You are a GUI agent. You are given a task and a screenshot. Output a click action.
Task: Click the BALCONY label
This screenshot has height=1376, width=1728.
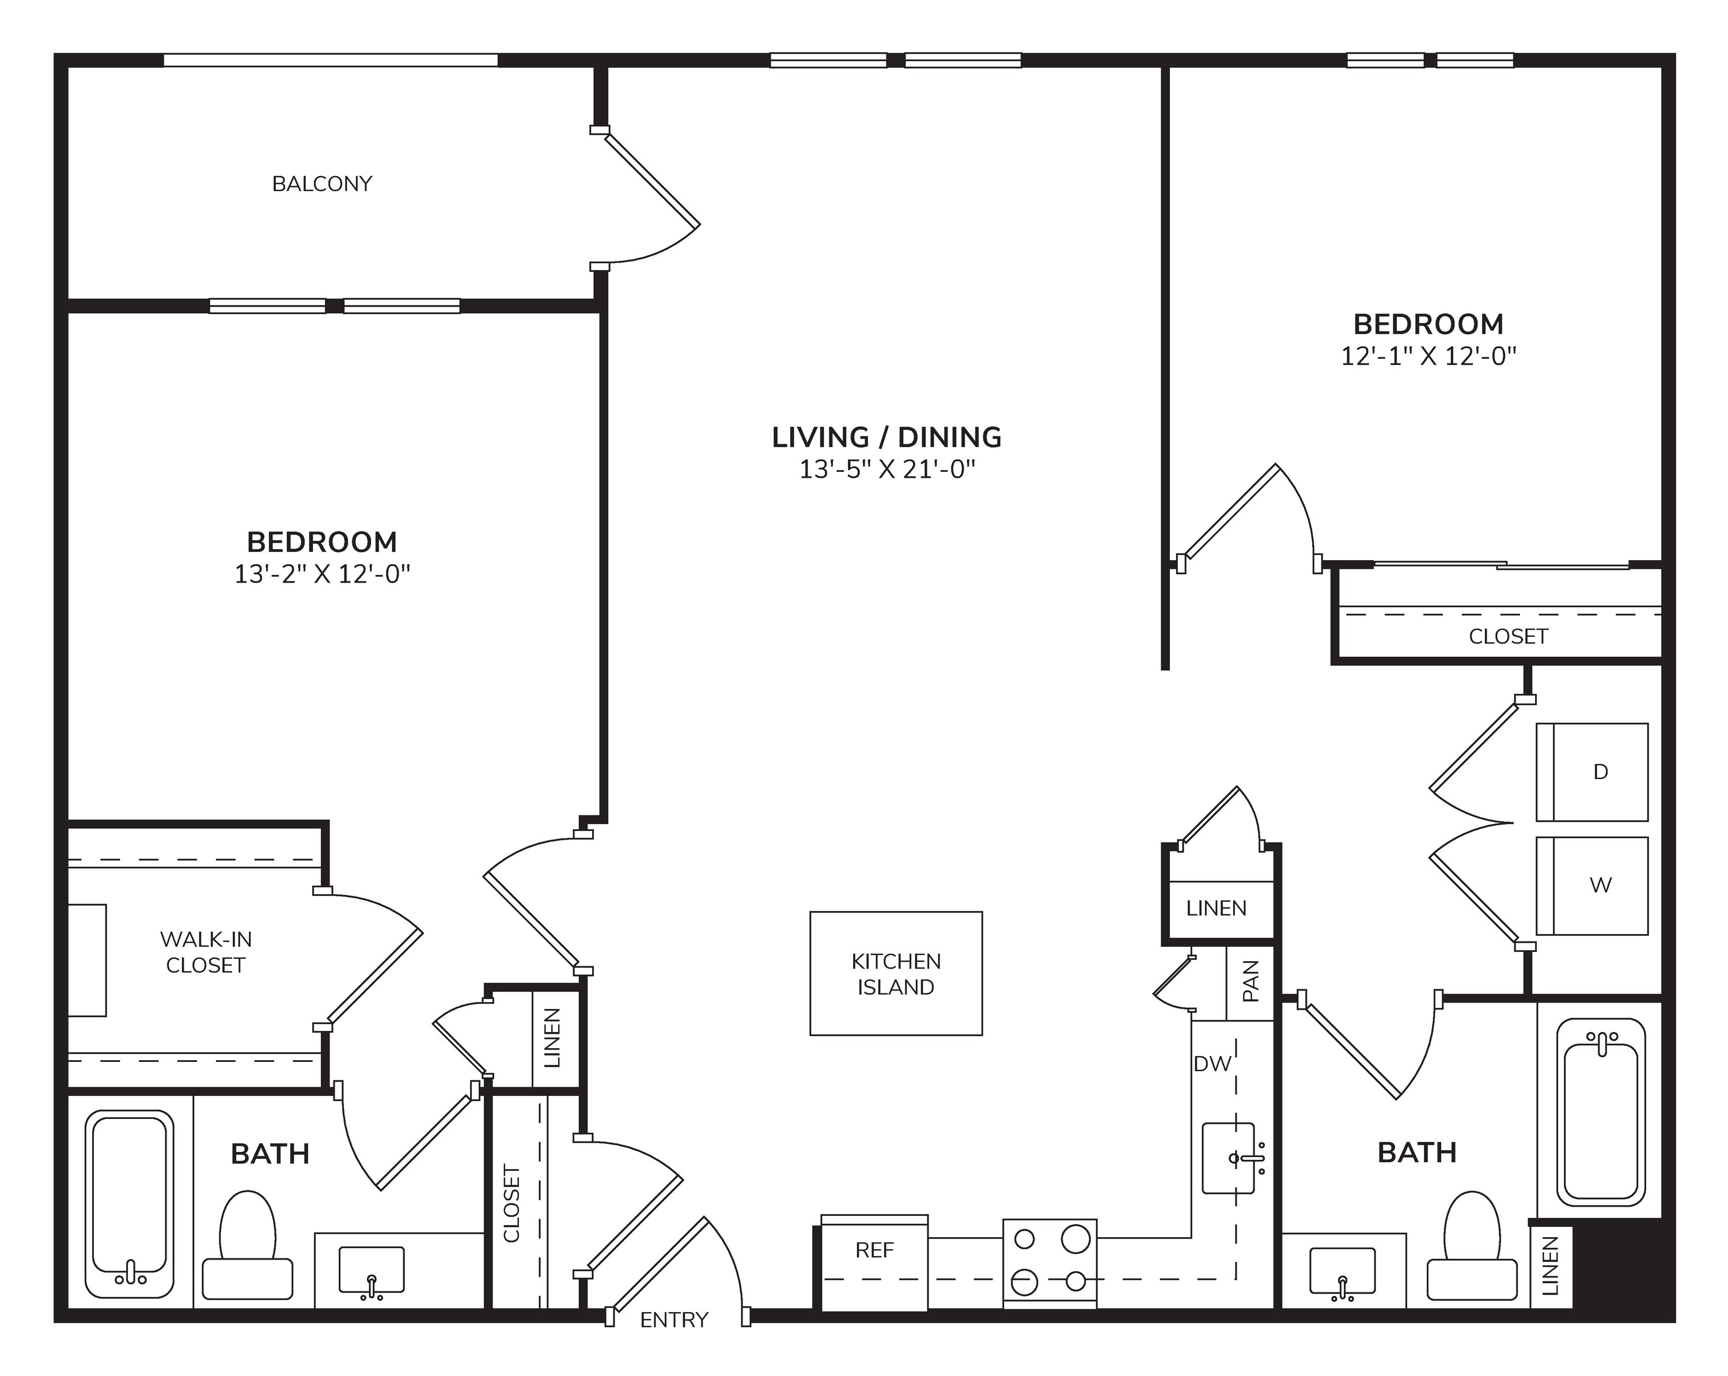[x=322, y=184]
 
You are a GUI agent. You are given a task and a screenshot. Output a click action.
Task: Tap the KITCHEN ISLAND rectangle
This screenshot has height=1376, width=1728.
[x=896, y=973]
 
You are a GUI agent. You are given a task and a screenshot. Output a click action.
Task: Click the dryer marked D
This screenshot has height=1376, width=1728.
[x=1591, y=772]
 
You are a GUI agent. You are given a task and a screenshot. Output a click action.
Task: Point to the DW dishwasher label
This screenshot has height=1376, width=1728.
[x=1212, y=1063]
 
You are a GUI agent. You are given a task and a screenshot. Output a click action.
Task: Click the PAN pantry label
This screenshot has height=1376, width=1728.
[x=1250, y=981]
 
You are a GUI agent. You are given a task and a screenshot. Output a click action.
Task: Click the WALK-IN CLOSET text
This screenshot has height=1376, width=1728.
[x=206, y=952]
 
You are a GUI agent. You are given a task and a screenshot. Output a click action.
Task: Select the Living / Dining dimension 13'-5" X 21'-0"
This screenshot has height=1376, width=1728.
[x=887, y=469]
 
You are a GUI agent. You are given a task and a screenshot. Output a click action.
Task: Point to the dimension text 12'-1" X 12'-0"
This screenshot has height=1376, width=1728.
[x=1429, y=356]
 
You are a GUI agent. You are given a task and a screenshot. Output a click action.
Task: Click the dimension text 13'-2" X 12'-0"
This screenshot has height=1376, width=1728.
[x=322, y=574]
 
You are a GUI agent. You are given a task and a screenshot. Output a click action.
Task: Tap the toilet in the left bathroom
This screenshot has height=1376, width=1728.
[x=248, y=1243]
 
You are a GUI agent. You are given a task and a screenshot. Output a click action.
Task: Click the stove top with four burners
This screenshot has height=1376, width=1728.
[x=1050, y=1264]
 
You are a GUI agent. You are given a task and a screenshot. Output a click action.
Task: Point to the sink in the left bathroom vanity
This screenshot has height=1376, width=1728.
[x=371, y=1269]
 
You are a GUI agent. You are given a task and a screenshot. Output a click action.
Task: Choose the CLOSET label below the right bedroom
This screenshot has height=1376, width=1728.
[x=1509, y=636]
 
